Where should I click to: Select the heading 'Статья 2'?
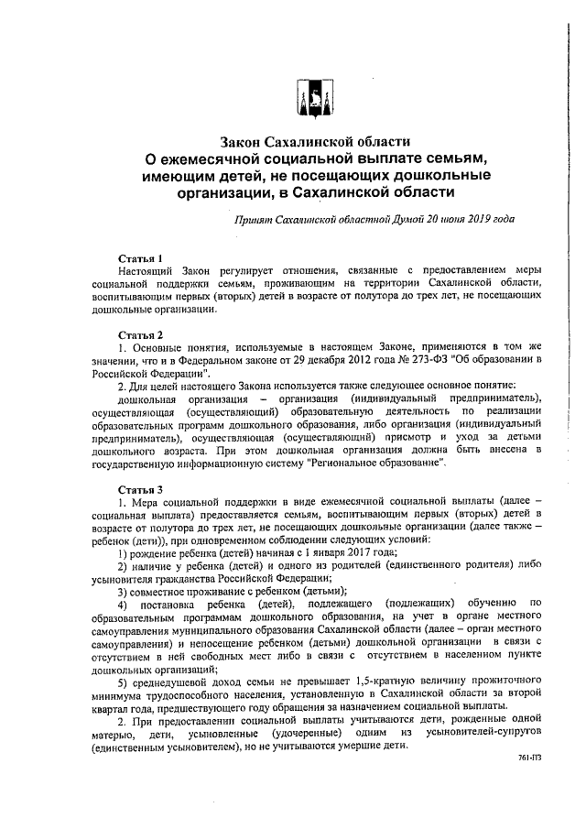coord(141,333)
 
